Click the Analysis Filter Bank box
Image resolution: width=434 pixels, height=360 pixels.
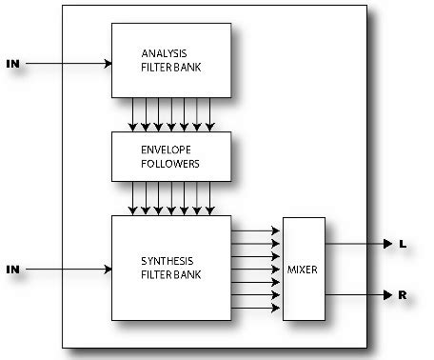(171, 60)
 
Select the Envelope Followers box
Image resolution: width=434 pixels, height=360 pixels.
(171, 156)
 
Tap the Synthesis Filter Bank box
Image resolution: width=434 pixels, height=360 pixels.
(171, 268)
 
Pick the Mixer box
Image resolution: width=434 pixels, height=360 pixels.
(304, 270)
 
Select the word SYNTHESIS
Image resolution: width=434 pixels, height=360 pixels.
(166, 260)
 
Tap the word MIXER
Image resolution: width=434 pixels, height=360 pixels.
(304, 270)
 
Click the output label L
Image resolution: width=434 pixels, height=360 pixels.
(403, 245)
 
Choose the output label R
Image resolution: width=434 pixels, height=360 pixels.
(403, 295)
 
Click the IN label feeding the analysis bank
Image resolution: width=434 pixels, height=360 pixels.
(12, 64)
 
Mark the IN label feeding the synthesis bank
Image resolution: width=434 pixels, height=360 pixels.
(12, 270)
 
